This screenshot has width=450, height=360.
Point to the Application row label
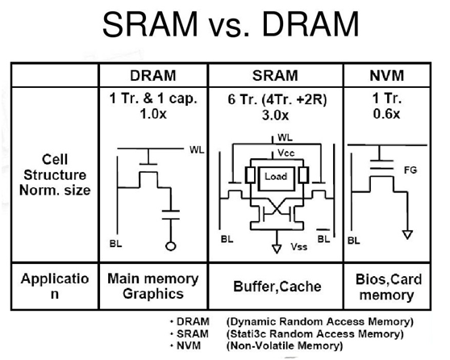pos(53,287)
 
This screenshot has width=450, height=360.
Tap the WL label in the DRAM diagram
pos(197,149)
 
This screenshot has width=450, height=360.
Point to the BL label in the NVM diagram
pos(354,241)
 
